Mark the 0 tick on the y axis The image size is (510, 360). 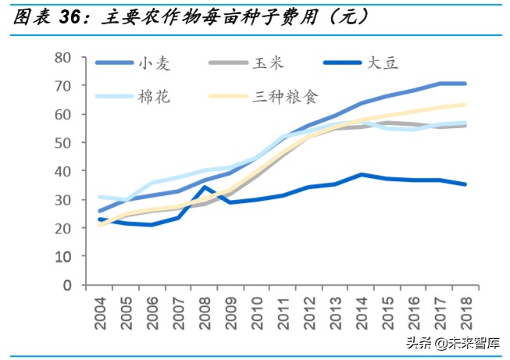pos(68,285)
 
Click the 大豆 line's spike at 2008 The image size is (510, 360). pos(205,187)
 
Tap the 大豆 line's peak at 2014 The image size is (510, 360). pos(362,174)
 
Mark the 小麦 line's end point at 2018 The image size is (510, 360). pos(465,84)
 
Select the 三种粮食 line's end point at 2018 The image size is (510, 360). pos(465,105)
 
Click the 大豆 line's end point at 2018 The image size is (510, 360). pos(465,184)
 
